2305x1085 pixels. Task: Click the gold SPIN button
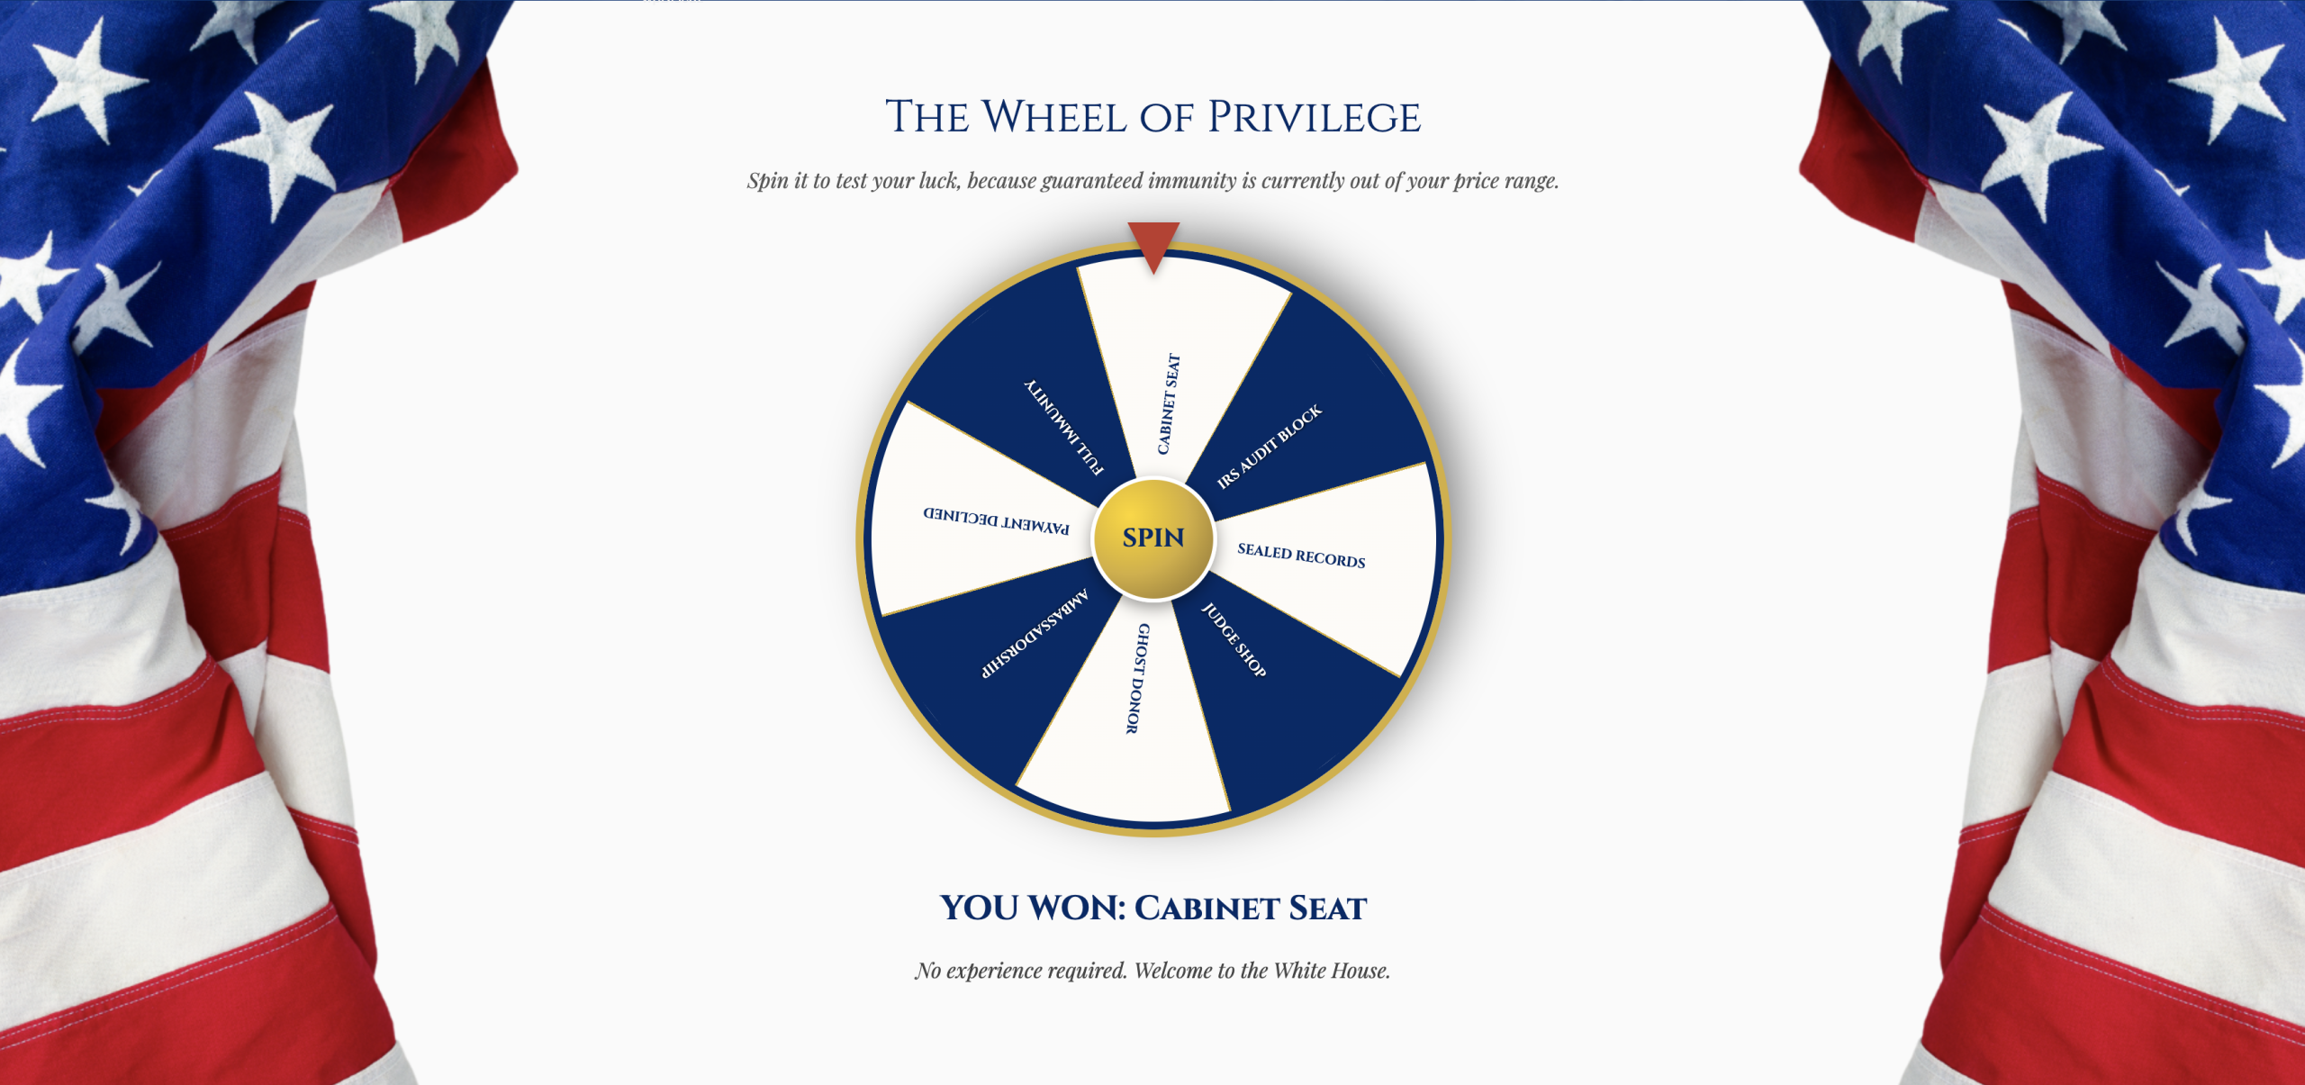pos(1153,538)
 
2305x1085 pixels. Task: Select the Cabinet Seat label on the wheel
pos(1168,403)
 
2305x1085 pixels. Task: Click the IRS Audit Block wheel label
pos(1270,446)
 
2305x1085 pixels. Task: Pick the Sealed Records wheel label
pos(1301,556)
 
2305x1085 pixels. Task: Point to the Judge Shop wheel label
pos(1234,640)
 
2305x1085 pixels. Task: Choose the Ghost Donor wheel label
pos(1137,678)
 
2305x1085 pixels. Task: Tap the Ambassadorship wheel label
pos(1035,633)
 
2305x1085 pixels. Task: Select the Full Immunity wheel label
pos(1064,427)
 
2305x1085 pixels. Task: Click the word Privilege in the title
pos(1314,118)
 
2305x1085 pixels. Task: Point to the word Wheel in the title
pos(1053,118)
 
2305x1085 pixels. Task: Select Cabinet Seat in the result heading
pos(1251,908)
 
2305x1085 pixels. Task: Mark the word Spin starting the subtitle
pos(767,181)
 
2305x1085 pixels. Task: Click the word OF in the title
pos(1166,118)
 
